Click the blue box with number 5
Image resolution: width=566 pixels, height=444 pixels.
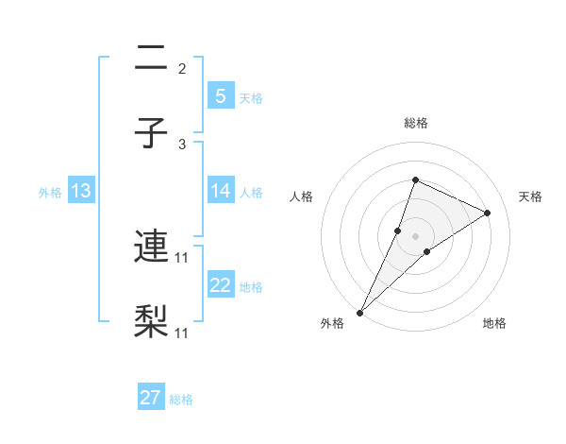tap(221, 96)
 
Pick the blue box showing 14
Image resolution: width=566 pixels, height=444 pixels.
tap(221, 191)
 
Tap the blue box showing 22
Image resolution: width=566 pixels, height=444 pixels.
tap(221, 285)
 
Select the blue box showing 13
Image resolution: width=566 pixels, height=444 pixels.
tap(80, 191)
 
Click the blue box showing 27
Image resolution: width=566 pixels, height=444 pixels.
tap(151, 398)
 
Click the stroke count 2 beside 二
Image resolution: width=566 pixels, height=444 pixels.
tap(182, 68)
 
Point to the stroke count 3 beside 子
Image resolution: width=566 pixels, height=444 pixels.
tap(182, 145)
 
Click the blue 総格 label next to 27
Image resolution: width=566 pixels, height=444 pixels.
tap(181, 400)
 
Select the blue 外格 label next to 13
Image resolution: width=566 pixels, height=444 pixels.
tap(50, 193)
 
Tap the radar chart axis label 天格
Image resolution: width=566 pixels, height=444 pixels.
tap(530, 196)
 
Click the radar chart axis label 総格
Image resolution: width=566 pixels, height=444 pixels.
tap(415, 123)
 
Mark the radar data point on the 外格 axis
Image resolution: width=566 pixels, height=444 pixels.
tap(360, 312)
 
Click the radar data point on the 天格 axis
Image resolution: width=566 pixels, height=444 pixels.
tap(488, 213)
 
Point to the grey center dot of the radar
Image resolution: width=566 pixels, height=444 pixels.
tap(415, 236)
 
